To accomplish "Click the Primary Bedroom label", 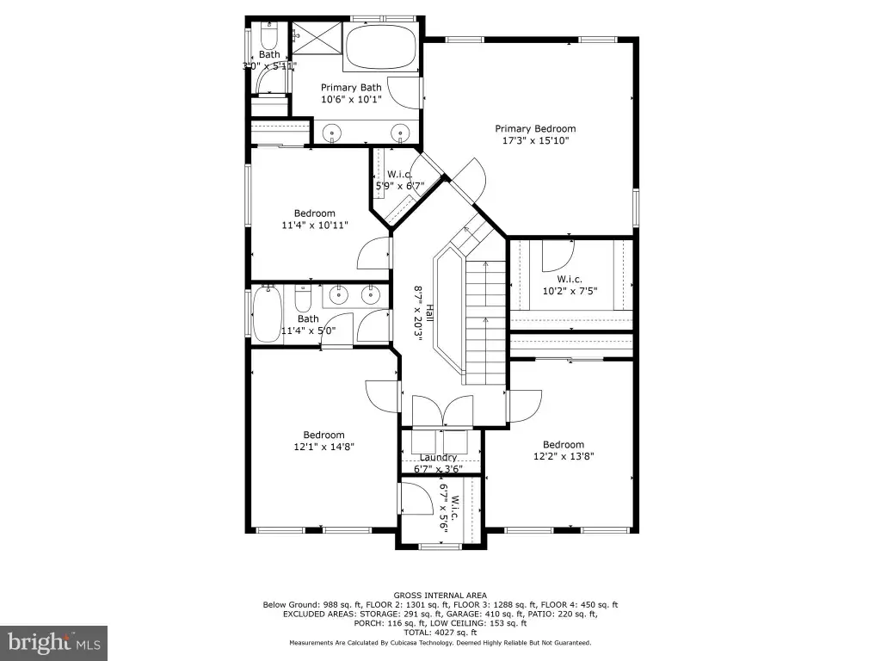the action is (x=535, y=129).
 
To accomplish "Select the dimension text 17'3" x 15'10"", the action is (x=535, y=140).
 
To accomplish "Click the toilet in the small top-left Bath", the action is (x=269, y=34).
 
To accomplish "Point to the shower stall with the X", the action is (x=317, y=38).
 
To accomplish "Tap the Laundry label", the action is (x=438, y=458).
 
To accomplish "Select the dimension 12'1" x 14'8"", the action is (x=323, y=447).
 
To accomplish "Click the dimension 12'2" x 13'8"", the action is (x=564, y=456).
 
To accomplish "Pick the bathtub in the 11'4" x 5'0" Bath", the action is (x=267, y=313).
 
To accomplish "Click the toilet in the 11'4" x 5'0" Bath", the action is (x=303, y=299).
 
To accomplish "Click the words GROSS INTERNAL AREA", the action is (x=440, y=596).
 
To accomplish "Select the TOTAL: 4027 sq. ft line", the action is (x=440, y=633).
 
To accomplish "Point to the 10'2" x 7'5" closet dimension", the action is (x=570, y=291).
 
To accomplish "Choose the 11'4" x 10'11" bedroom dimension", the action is (x=315, y=225).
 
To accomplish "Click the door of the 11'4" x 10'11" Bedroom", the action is (x=374, y=254).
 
